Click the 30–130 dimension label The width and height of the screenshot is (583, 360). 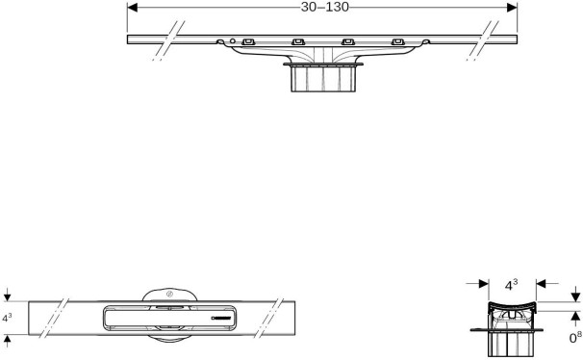[325, 7]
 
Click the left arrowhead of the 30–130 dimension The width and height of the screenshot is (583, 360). [133, 8]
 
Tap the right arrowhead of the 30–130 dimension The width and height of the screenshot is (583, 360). [512, 8]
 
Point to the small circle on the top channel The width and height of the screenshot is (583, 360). [233, 40]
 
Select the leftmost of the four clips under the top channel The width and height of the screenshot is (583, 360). [248, 41]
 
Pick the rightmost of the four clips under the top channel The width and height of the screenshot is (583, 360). [398, 41]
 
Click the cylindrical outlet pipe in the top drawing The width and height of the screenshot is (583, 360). [323, 79]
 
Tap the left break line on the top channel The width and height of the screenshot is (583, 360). [168, 40]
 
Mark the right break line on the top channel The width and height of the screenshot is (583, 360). [483, 40]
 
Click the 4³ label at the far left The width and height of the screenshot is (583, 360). [7, 318]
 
